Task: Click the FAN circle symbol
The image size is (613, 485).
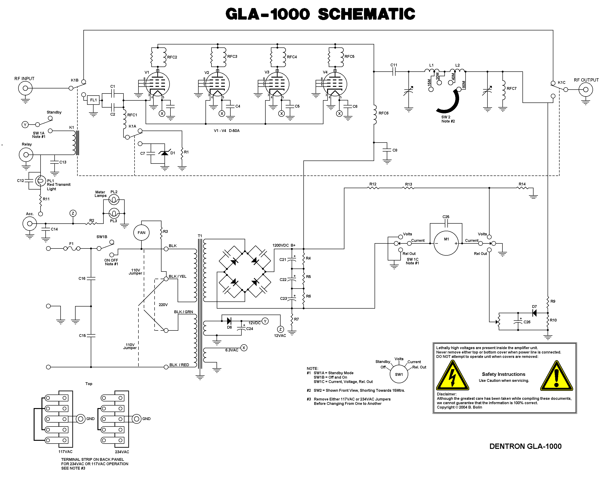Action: (141, 233)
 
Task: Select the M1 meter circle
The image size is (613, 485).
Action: (446, 243)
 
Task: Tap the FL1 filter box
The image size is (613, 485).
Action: (93, 100)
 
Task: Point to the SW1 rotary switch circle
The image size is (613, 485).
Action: (399, 374)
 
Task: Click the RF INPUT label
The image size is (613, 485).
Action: (24, 79)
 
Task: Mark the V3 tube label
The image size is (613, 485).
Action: (267, 72)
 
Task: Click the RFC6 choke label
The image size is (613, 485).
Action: (384, 113)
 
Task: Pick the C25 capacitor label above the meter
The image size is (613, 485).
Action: (446, 217)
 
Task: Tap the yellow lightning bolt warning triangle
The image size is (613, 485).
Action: (452, 377)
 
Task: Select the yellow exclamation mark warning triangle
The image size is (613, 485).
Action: (557, 377)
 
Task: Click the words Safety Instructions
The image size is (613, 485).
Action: (503, 374)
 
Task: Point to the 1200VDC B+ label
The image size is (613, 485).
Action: (284, 245)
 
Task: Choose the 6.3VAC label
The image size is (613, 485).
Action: (232, 350)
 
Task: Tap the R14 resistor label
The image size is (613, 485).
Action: (522, 184)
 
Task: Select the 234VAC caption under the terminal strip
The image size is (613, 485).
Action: (122, 452)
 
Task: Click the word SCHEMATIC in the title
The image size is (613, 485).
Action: (367, 14)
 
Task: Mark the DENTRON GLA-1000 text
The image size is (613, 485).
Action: (525, 446)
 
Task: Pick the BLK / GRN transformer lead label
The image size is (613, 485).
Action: (184, 312)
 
